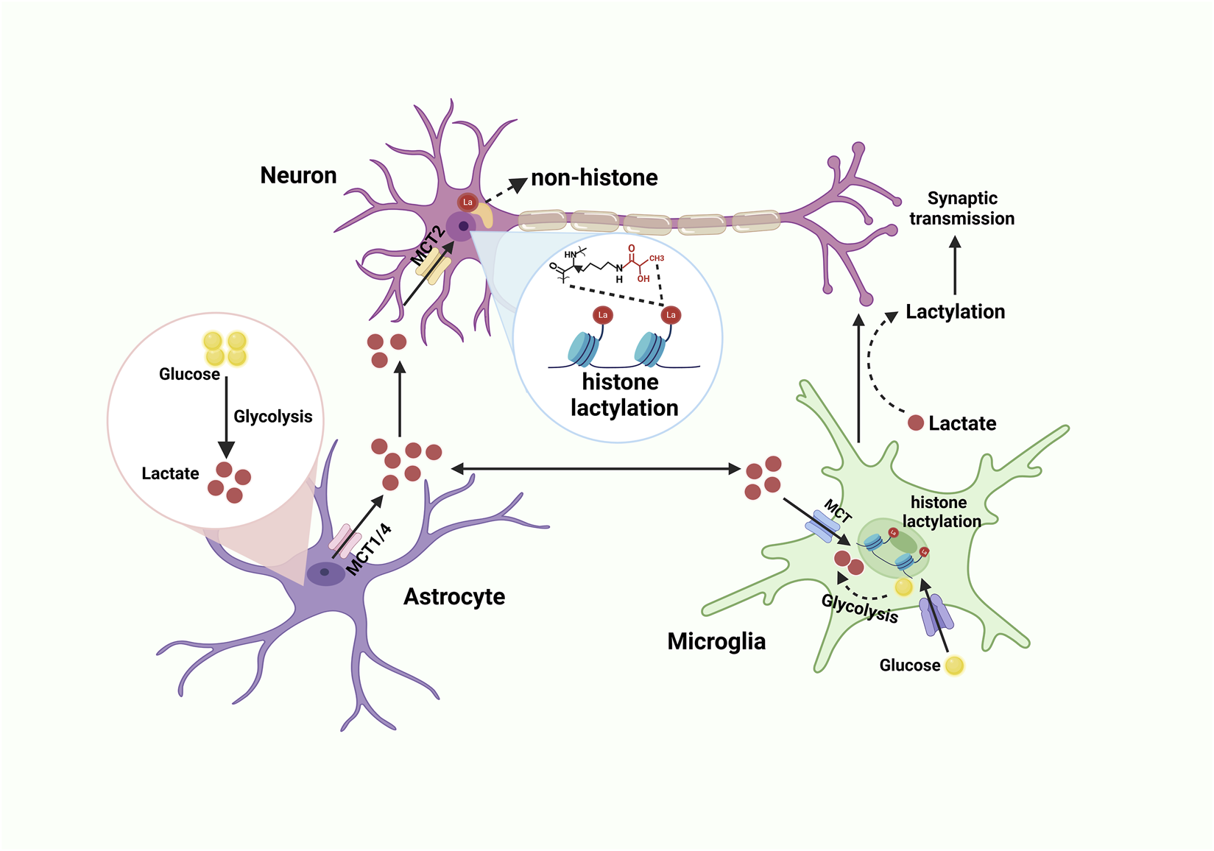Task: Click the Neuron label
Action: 298,175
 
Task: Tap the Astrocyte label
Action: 454,596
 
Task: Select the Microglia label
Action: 716,641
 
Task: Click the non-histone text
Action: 594,177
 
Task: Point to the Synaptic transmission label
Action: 961,208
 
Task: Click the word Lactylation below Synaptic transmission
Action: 955,311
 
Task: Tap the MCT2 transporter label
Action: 428,246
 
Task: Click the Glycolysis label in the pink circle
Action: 272,417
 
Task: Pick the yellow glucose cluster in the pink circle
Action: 225,348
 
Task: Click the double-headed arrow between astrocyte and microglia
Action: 596,468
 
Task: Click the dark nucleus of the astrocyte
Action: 325,572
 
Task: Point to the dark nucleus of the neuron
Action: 463,226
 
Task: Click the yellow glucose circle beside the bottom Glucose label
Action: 954,665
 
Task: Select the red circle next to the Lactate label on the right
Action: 916,423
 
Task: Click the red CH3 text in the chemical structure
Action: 656,258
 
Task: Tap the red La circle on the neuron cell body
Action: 467,202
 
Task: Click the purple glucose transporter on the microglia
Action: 936,615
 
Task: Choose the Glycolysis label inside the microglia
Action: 860,609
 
